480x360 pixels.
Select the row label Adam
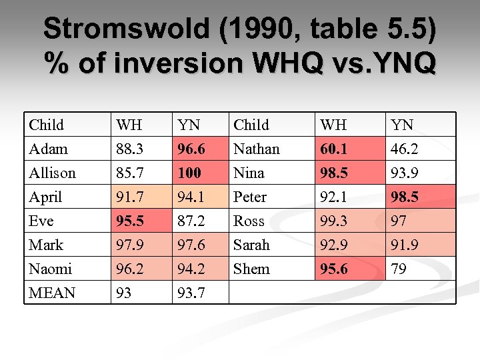[47, 149]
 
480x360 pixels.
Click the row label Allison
[52, 173]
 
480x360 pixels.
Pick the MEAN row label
[52, 293]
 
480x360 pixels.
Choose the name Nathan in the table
[257, 149]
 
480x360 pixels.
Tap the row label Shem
[251, 269]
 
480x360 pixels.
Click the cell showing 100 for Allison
[189, 173]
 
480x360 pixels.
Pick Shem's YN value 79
[399, 269]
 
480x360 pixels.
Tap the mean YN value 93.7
[189, 293]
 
